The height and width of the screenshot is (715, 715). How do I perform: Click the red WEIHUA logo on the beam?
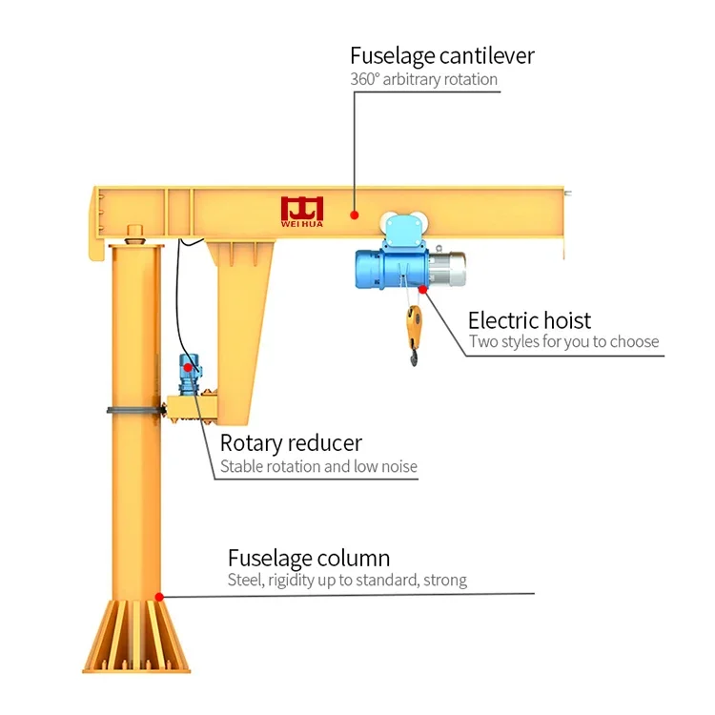[x=302, y=212]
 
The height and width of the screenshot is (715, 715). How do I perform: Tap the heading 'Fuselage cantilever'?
[x=441, y=56]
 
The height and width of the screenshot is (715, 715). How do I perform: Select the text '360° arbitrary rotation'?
[x=423, y=79]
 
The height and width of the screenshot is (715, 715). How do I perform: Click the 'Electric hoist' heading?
[x=529, y=320]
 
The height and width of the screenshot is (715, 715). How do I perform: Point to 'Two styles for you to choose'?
[x=564, y=341]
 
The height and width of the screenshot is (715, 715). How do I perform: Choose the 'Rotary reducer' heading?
[x=291, y=443]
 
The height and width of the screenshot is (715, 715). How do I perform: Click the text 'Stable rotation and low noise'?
[x=318, y=466]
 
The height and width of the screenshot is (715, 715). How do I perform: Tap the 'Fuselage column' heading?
[x=309, y=558]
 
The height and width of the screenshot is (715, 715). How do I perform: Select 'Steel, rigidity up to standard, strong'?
[x=347, y=580]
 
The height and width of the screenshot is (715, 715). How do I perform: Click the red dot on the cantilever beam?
[x=355, y=214]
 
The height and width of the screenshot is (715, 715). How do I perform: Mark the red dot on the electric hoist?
[x=422, y=289]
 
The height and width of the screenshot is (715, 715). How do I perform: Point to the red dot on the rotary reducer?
[x=188, y=368]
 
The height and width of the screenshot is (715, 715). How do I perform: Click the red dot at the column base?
[x=159, y=597]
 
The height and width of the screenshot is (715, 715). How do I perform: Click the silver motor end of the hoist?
[x=447, y=269]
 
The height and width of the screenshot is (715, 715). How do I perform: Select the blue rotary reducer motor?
[x=190, y=374]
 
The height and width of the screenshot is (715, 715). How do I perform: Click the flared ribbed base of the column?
[x=136, y=636]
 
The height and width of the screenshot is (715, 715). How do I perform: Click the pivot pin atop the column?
[x=134, y=234]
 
